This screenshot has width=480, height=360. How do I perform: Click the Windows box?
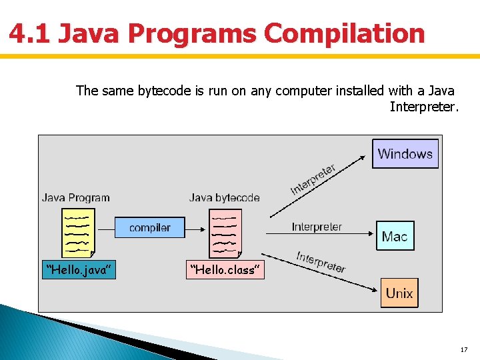coord(405,154)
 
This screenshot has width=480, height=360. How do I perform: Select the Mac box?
coord(395,236)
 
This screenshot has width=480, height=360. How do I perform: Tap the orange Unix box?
coord(399,293)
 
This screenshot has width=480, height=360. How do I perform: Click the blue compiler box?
coord(149,227)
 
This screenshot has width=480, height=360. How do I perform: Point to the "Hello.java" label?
coord(79,269)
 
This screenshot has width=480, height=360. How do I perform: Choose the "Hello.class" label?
coord(226,269)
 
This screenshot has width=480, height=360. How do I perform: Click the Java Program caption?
coord(76,197)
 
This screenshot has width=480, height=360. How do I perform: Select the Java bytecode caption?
coord(224,197)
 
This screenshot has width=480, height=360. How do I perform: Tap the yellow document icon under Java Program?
coord(77,233)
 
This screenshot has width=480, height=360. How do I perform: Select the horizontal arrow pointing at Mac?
coord(318,235)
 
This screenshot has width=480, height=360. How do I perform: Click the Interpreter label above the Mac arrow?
coord(317,227)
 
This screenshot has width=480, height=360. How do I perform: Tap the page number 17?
coord(464,350)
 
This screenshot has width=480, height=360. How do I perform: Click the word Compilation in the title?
coord(344,33)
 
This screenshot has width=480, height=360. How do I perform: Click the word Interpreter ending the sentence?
coord(424,107)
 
